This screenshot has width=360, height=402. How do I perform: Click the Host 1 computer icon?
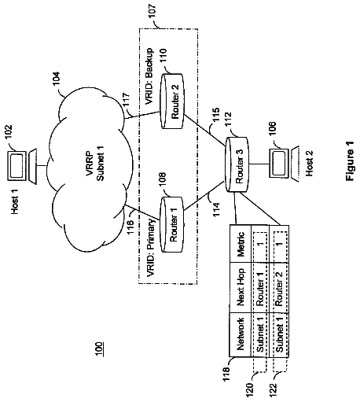[x=22, y=166]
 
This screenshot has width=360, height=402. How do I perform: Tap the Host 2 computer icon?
[x=285, y=164]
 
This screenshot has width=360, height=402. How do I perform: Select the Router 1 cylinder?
[x=171, y=224]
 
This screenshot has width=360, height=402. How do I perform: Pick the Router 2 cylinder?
[x=171, y=101]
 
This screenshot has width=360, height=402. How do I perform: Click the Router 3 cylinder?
[x=237, y=164]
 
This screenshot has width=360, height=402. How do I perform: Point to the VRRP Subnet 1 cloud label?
[x=94, y=166]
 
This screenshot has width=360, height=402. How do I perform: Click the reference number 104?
[x=57, y=78]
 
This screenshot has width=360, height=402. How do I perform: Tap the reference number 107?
[x=152, y=11]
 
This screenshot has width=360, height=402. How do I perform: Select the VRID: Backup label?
[x=149, y=76]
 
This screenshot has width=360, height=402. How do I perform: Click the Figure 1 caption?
[x=350, y=160]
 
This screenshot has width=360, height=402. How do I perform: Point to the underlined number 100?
[x=99, y=349]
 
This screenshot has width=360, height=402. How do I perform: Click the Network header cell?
[x=241, y=334]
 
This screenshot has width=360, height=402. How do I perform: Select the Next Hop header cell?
[x=241, y=287]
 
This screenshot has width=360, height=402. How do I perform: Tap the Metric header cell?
[x=241, y=244]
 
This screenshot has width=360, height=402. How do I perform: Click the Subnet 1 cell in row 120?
[x=259, y=334]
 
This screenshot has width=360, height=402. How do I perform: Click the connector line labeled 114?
[x=204, y=195]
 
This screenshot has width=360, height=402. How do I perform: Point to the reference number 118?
[x=226, y=374]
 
